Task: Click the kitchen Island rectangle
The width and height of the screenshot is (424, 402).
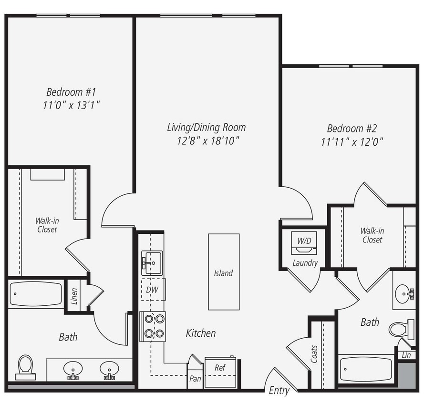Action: (x=224, y=272)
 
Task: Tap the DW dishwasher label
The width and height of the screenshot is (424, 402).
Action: (x=153, y=289)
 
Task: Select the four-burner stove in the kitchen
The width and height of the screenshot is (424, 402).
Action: (x=153, y=326)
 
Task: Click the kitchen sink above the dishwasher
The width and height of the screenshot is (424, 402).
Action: (x=152, y=262)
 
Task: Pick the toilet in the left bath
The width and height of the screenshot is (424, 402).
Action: (x=25, y=367)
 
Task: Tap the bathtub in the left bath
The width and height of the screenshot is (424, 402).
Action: (x=36, y=294)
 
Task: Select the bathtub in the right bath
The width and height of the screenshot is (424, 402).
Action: (x=366, y=369)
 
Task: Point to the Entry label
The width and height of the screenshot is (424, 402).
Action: (x=279, y=391)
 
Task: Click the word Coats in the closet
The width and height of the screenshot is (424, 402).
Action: (x=314, y=354)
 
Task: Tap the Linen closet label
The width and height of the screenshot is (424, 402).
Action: (x=74, y=296)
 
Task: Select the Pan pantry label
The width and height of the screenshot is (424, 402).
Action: (x=195, y=379)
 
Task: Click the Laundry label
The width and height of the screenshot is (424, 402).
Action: (x=305, y=263)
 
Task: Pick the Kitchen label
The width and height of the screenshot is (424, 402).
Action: (x=201, y=333)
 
